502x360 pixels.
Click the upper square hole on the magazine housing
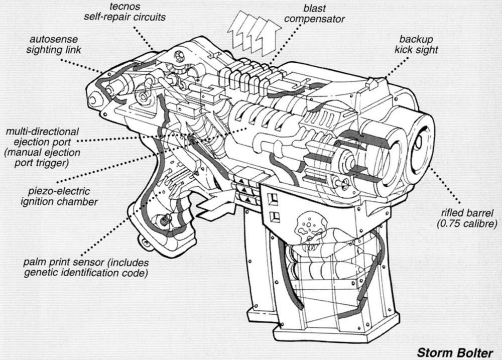[274, 198]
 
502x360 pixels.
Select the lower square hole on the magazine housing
[274, 217]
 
